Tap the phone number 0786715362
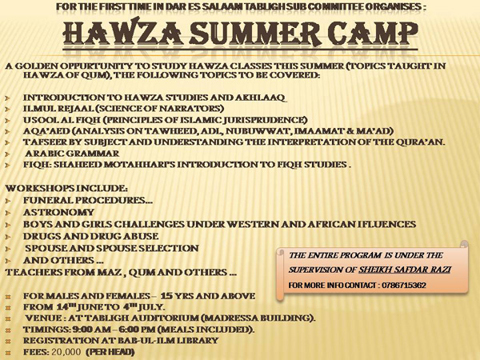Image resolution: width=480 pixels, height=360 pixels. (404, 286)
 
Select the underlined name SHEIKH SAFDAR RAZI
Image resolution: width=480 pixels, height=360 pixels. (405, 270)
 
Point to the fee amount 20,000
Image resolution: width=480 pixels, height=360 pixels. (66, 352)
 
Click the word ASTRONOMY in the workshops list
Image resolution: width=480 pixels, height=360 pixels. (58, 212)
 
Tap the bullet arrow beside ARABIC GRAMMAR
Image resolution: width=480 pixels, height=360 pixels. (8, 154)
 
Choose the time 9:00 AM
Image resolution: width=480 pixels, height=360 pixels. (91, 330)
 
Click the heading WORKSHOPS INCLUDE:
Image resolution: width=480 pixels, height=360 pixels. (66, 188)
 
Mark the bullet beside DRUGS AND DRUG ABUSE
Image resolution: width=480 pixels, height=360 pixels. (8, 237)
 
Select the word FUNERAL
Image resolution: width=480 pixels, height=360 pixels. (48, 200)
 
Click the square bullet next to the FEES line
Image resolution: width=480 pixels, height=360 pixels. (8, 353)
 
